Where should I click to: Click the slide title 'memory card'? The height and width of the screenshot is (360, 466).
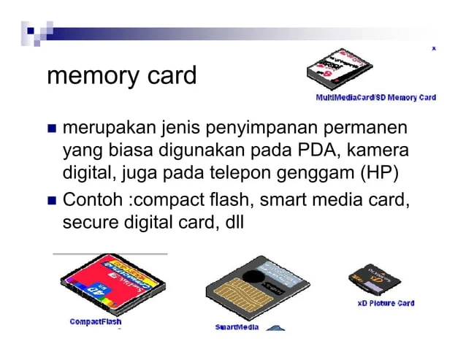coord(121,75)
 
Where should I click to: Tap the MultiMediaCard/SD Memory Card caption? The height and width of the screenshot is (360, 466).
coord(375,97)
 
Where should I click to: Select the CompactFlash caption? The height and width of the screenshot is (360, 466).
coord(96,321)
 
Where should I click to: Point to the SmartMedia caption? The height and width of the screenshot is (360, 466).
coord(237,326)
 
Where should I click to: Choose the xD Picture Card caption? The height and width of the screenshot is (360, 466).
coord(386,303)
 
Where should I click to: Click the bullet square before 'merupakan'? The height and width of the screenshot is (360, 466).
coord(52,130)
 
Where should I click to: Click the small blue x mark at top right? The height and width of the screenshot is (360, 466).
coord(435,48)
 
